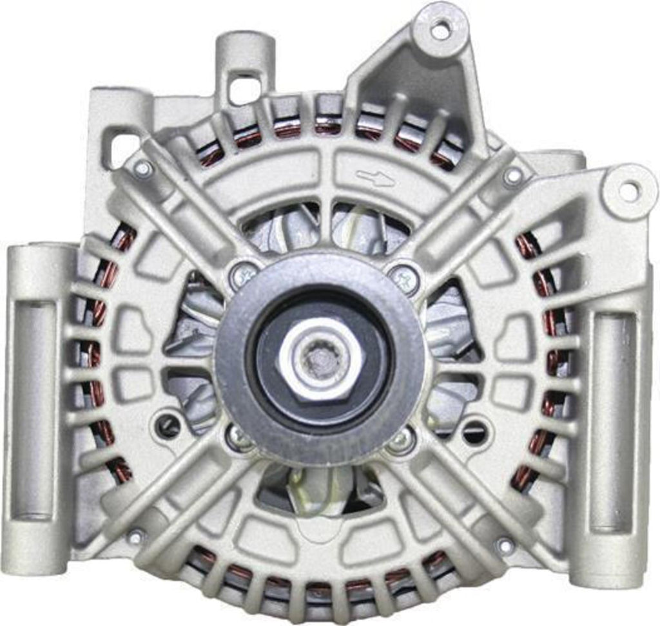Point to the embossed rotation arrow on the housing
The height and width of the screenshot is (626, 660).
(375, 178)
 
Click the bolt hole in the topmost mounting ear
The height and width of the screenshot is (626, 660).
(440, 28)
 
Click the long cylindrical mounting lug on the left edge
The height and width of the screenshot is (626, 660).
(32, 412)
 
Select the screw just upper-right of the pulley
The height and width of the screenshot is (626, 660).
(404, 277)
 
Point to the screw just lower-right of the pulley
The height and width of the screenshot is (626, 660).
(402, 439)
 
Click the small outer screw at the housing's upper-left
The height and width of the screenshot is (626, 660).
(142, 169)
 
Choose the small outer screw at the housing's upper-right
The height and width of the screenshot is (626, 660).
(513, 175)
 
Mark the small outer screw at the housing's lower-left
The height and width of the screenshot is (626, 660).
(135, 536)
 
